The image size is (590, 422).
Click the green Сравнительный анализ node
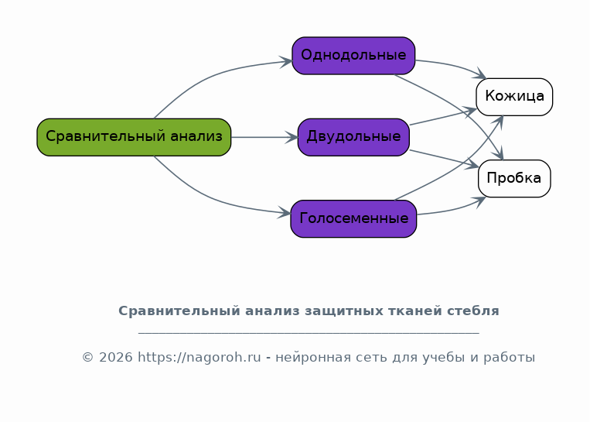134,137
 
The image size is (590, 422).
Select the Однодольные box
353,56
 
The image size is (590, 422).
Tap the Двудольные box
353,137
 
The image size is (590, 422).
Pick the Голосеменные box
353,218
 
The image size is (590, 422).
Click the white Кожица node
514,97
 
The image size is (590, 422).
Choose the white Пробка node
514,178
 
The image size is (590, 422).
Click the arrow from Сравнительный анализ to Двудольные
264,137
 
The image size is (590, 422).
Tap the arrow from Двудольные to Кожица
443,117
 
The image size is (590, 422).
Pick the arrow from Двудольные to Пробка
444,158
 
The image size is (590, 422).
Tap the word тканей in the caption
416,311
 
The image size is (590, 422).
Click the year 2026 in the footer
115,357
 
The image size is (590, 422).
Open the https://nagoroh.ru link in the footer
200,357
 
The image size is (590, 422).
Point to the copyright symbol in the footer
87,357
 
